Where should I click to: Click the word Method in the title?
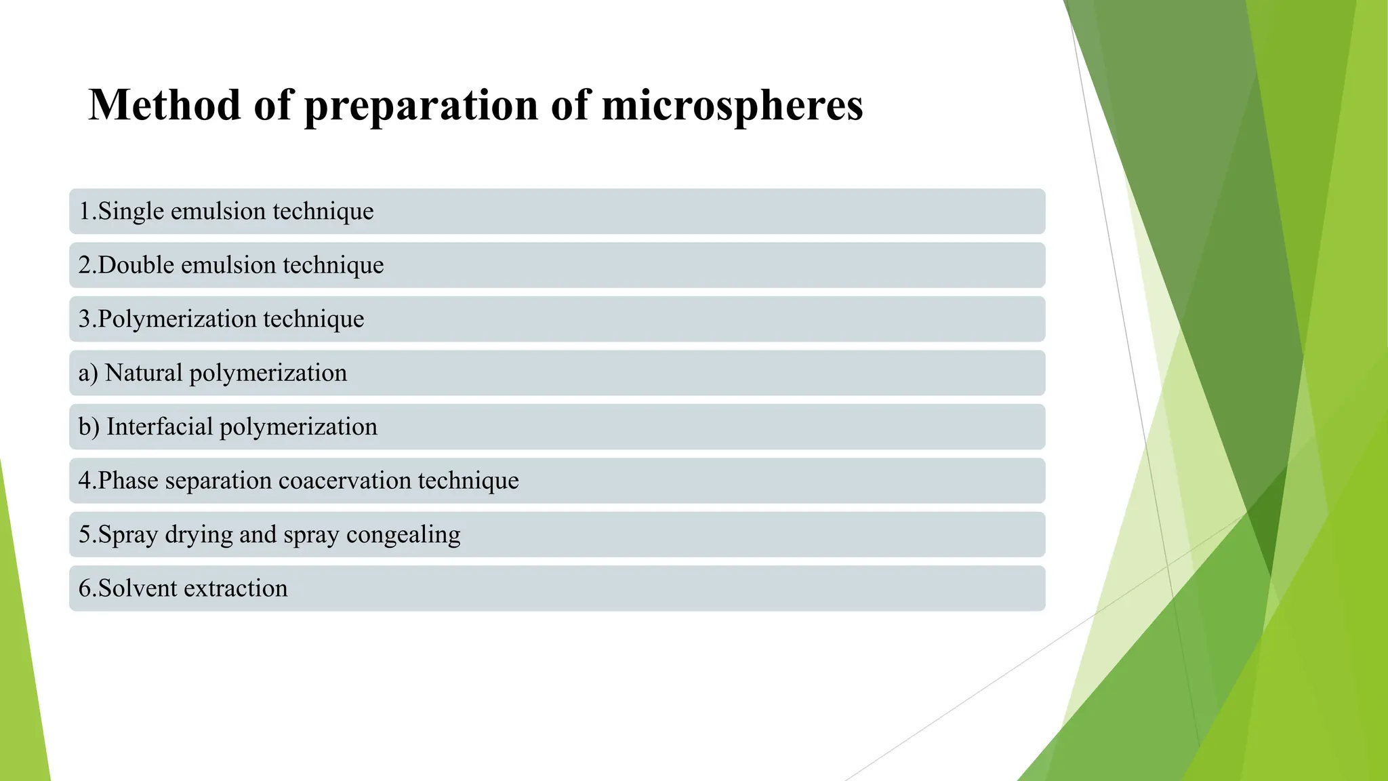[x=165, y=106]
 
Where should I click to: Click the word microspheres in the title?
[x=732, y=107]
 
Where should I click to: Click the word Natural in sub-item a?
[x=144, y=373]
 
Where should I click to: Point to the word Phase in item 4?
[x=128, y=481]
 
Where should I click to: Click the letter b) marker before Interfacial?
[x=89, y=427]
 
